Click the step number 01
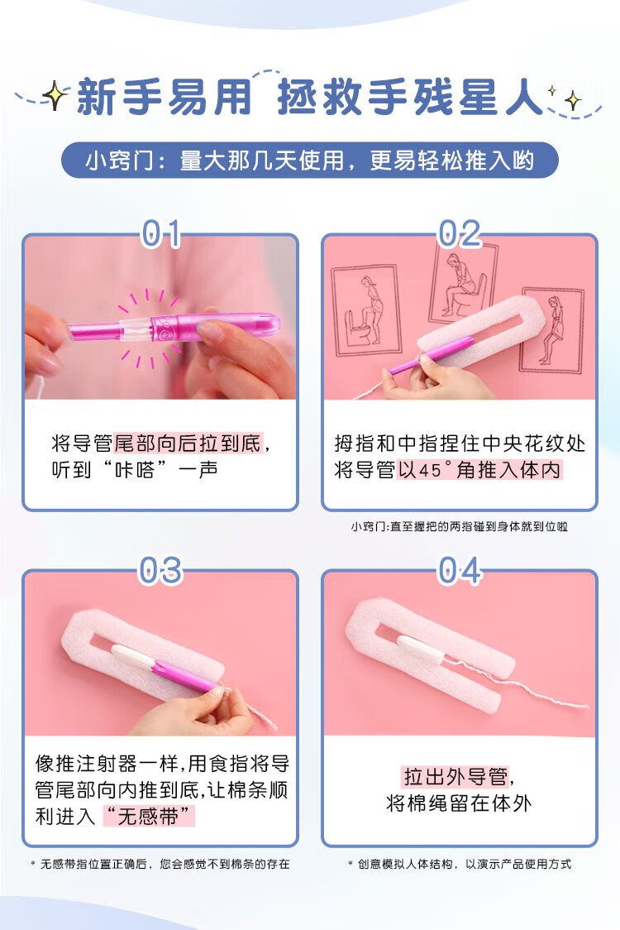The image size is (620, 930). tap(160, 233)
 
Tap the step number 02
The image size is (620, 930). tap(460, 233)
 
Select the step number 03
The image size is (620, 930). tap(160, 571)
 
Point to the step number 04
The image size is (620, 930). tap(460, 571)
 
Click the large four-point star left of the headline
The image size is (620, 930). tap(54, 95)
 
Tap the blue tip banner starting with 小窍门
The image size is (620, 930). tap(310, 161)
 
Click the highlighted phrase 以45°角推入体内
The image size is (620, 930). tap(479, 470)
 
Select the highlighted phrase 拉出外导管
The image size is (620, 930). tap(455, 776)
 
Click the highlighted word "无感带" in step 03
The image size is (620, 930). tap(148, 816)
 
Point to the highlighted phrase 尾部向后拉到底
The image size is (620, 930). tap(188, 443)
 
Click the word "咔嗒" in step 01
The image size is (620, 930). tap(134, 470)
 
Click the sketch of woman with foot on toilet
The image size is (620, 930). tap(365, 311)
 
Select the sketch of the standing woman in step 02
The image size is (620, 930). tap(552, 330)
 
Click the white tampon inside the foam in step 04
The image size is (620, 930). tap(420, 649)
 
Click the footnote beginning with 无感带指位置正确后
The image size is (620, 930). tap(160, 864)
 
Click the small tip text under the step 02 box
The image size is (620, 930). tap(460, 526)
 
